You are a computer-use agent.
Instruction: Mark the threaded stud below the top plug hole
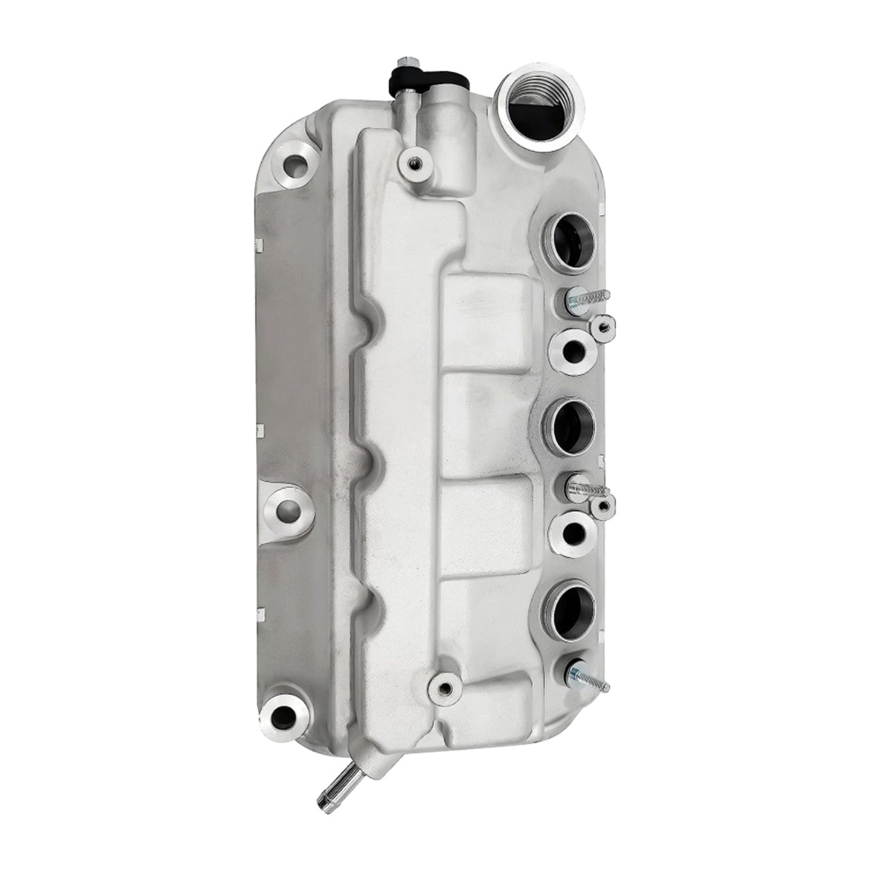pos(585,299)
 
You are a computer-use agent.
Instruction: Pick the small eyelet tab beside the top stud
pos(602,326)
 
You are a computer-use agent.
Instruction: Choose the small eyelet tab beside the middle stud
pos(602,506)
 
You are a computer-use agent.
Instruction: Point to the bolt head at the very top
pos(404,62)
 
